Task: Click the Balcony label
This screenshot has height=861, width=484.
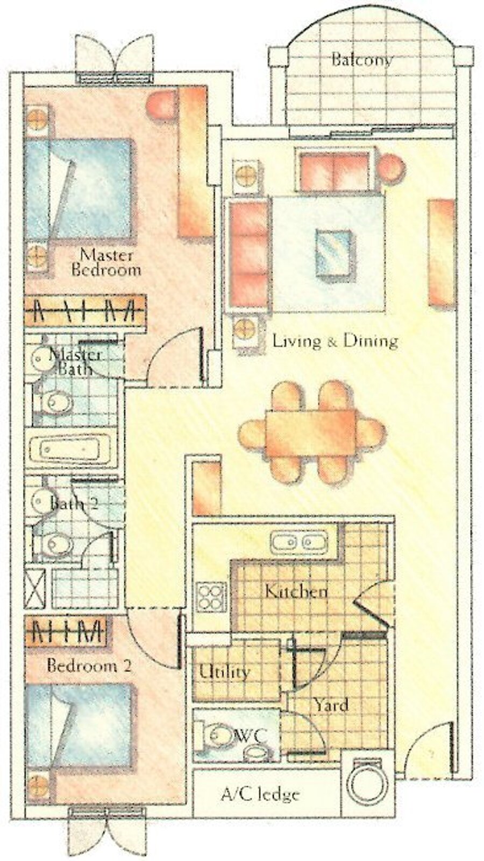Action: (x=362, y=60)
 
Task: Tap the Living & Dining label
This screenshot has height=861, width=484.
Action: (x=335, y=341)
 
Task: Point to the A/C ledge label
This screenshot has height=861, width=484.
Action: (x=260, y=794)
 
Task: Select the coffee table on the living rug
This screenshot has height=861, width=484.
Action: (x=333, y=253)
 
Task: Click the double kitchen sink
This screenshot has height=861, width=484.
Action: (x=299, y=542)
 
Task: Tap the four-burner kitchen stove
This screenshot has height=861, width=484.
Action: (x=211, y=598)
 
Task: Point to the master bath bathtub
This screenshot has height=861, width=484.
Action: (x=72, y=449)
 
